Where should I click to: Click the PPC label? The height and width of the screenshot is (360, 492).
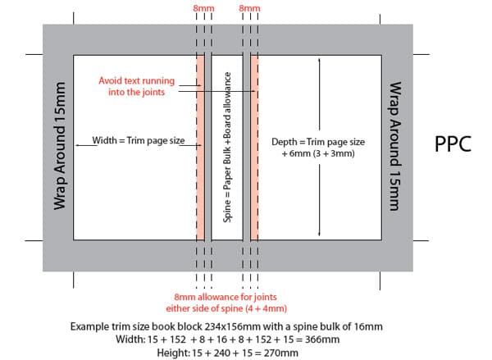(453, 144)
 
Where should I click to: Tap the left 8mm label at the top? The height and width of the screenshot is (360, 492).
(203, 8)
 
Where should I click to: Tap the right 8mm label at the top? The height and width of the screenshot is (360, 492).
(249, 8)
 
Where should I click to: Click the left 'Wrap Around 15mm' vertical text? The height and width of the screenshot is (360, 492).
(59, 146)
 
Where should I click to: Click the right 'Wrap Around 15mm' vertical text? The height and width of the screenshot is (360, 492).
(395, 146)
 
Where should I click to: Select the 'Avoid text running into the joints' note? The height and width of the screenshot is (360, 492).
(136, 86)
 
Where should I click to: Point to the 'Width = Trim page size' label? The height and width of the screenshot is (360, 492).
(139, 140)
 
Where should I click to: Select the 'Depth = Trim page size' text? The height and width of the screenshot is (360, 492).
(318, 142)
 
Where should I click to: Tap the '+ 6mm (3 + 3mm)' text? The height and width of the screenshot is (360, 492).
(318, 153)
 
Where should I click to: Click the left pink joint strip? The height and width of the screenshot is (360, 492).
(200, 148)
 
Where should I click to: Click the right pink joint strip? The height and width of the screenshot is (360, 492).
(254, 148)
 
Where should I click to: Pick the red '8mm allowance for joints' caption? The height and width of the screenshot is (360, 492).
(225, 297)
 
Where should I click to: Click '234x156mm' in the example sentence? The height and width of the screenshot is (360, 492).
(233, 326)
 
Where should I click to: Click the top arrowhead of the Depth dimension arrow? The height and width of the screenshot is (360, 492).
(320, 59)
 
